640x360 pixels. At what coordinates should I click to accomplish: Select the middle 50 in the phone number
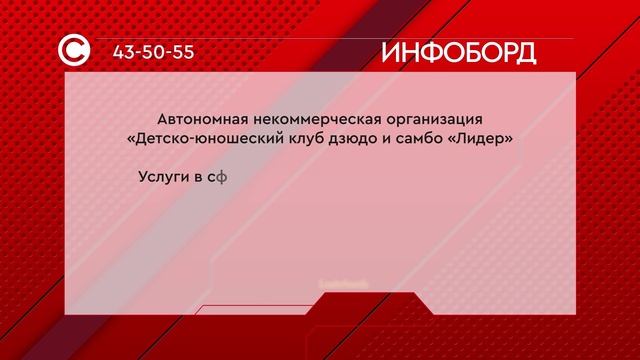154,52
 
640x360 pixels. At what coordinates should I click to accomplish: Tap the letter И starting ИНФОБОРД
391,53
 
